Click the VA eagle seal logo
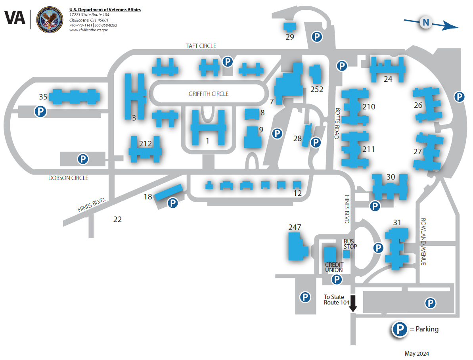pos(49,20)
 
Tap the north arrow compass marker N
pos(426,23)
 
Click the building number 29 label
pos(290,37)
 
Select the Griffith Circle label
pos(209,94)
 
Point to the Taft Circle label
pos(201,46)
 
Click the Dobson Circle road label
pos(68,178)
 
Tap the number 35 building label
pos(43,97)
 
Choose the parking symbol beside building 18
pos(172,203)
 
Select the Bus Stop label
pos(350,244)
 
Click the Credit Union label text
pos(334,267)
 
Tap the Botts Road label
pos(338,123)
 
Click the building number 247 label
pos(295,228)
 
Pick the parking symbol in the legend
pos(400,329)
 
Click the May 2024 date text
pos(417,354)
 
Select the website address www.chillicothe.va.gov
pos(88,30)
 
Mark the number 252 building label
pos(317,90)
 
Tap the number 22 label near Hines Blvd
pos(117,219)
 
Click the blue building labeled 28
pos(306,135)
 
